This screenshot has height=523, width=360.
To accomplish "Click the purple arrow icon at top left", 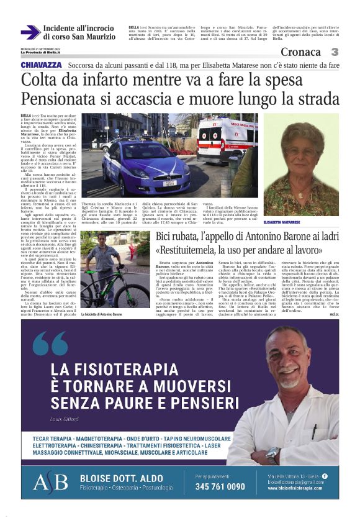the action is pyautogui.click(x=30, y=32).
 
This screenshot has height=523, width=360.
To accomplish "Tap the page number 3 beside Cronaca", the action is pyautogui.click(x=334, y=52).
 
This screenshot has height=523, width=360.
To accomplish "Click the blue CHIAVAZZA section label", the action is pyautogui.click(x=41, y=65).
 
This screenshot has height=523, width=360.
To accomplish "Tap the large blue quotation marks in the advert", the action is pyautogui.click(x=50, y=343).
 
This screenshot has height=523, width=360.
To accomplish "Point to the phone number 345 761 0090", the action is pyautogui.click(x=220, y=486).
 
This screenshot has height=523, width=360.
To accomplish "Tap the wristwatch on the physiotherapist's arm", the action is pyautogui.click(x=272, y=455).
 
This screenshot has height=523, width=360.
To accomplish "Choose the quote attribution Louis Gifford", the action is pyautogui.click(x=62, y=419).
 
